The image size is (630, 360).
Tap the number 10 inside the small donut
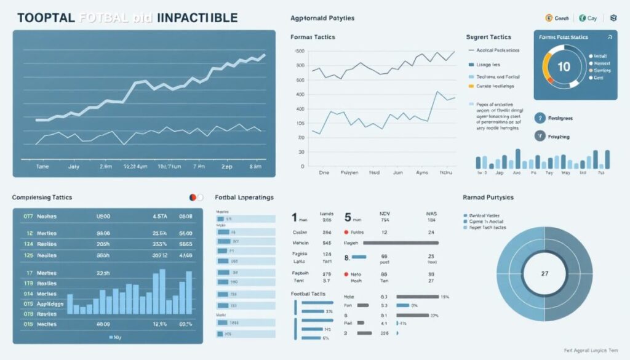[564, 67]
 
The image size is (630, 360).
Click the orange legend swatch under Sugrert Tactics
[471, 87]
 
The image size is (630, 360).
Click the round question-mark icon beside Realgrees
[540, 117]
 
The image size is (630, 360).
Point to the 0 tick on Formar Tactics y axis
[302, 167]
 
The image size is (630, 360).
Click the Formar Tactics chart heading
[313, 38]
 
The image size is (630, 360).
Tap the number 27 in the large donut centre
[544, 273]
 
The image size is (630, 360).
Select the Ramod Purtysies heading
[488, 198]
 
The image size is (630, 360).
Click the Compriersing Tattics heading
[42, 198]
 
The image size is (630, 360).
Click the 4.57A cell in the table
[159, 217]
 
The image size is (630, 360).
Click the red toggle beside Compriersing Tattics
[193, 198]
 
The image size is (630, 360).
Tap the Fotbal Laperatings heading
[244, 198]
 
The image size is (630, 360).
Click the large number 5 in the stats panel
[348, 217]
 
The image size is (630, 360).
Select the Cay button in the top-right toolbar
[589, 18]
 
